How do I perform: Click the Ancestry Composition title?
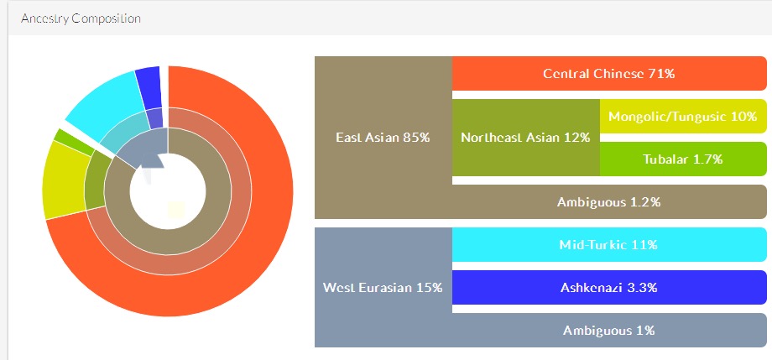click(x=81, y=18)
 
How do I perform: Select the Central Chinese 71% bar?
click(x=609, y=73)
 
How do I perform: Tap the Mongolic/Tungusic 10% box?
click(x=683, y=117)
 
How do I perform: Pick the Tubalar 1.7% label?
click(x=682, y=159)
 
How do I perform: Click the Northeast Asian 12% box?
click(x=526, y=138)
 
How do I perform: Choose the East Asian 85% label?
click(x=383, y=138)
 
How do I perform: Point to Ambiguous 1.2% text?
click(x=608, y=202)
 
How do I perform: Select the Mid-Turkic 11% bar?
click(x=609, y=245)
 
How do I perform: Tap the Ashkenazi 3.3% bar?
click(x=609, y=287)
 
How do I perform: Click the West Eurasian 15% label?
click(x=383, y=287)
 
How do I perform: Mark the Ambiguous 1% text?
click(x=608, y=330)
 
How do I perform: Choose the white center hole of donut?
click(x=167, y=191)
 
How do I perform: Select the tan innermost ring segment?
click(x=167, y=243)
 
